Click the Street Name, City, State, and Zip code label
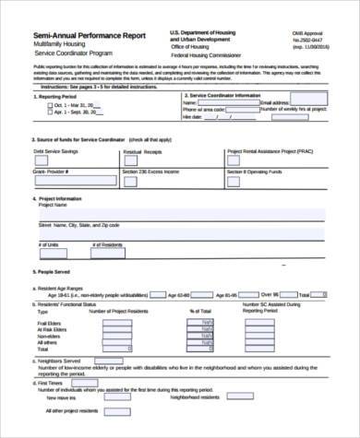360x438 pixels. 79,224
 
